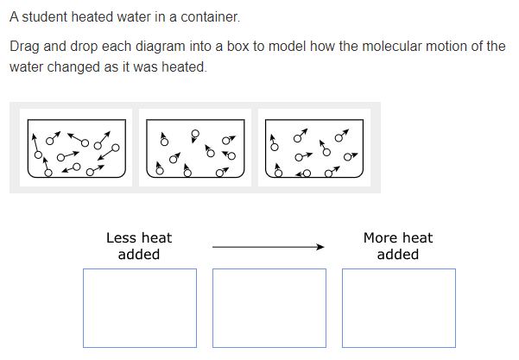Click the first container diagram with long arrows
click(77, 148)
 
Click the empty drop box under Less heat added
click(139, 308)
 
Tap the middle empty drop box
click(269, 308)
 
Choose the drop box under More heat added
click(398, 308)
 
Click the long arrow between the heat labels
click(268, 247)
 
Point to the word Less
click(122, 238)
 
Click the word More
click(381, 238)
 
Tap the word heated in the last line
click(182, 67)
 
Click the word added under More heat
click(398, 255)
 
